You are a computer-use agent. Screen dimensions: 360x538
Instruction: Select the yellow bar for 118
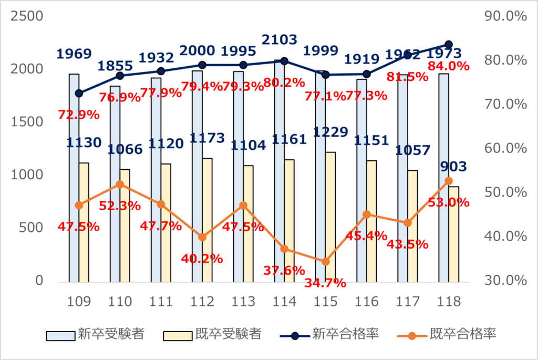point(453,234)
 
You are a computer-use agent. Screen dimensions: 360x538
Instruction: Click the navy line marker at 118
point(449,45)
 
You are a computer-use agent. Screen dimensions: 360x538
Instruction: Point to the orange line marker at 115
point(325,261)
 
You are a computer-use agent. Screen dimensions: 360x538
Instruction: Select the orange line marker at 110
point(120,184)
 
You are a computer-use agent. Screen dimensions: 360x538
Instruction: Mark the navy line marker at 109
point(79,93)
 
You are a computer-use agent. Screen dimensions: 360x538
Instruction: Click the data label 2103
point(279,39)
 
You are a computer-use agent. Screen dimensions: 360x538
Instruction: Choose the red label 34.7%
point(325,283)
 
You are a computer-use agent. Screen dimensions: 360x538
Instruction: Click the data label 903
point(453,167)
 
